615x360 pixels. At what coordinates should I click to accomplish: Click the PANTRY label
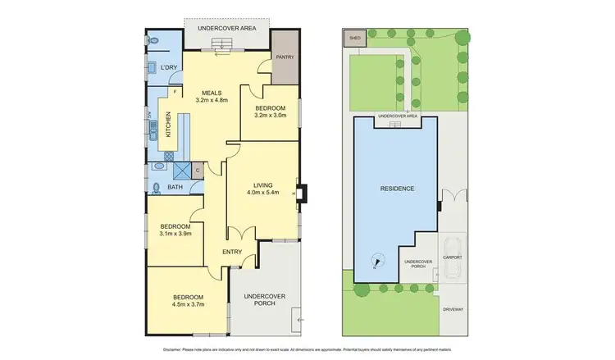pyautogui.click(x=285, y=57)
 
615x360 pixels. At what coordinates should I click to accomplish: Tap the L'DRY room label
pyautogui.click(x=168, y=67)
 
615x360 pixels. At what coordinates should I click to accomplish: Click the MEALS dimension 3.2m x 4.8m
pyautogui.click(x=212, y=100)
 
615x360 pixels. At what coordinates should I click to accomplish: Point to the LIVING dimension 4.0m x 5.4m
pyautogui.click(x=263, y=193)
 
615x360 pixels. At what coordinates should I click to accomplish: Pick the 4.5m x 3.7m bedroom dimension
pyautogui.click(x=187, y=304)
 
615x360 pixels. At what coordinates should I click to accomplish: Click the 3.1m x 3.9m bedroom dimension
pyautogui.click(x=175, y=234)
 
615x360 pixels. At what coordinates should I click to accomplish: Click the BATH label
pyautogui.click(x=175, y=188)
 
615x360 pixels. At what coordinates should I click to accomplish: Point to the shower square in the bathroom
pyautogui.click(x=180, y=170)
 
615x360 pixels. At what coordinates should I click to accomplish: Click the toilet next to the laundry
pyautogui.click(x=154, y=39)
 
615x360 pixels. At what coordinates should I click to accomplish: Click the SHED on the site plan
pyautogui.click(x=355, y=38)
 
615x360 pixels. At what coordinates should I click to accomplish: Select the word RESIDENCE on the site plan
pyautogui.click(x=396, y=189)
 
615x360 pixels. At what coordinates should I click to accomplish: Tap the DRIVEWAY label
pyautogui.click(x=453, y=309)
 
